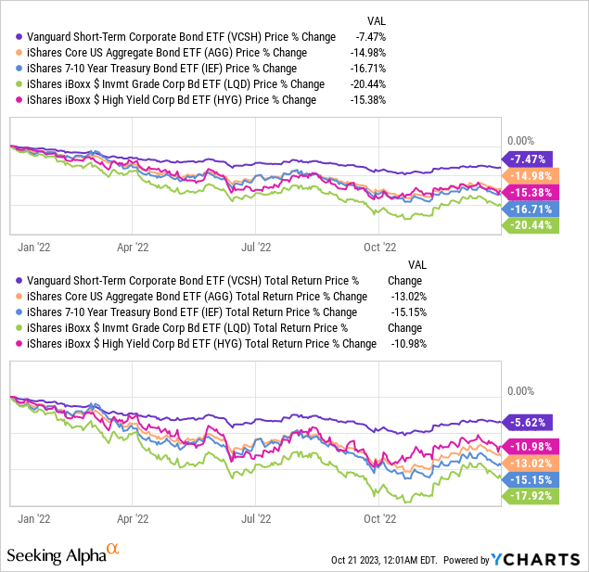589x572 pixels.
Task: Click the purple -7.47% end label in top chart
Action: (x=527, y=159)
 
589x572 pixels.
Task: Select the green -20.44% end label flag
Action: (x=527, y=225)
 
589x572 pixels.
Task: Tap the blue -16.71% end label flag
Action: (x=527, y=209)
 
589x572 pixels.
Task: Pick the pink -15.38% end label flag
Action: (x=527, y=192)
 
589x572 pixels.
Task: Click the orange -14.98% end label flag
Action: (x=527, y=175)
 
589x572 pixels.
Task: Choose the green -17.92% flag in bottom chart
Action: (x=527, y=496)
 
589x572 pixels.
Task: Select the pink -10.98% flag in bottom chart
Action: (x=527, y=446)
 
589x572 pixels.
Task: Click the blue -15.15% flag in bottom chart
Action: (x=527, y=479)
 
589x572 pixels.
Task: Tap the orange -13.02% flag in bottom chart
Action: (x=527, y=463)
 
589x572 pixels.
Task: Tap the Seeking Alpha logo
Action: (x=62, y=555)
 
